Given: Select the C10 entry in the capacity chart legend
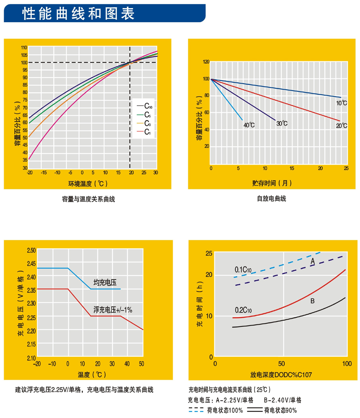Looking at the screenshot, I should tap(147, 106).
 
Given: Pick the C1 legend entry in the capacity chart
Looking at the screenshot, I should tap(147, 132).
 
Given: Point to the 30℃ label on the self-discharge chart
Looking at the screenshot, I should tap(282, 123).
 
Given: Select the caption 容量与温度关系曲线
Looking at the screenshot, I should tap(88, 199).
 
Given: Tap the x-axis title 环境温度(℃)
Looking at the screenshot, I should tap(88, 184).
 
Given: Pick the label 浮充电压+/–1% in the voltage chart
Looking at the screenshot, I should tap(113, 310).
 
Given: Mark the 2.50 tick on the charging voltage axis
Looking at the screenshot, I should tap(31, 250).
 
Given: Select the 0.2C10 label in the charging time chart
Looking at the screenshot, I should tap(243, 310).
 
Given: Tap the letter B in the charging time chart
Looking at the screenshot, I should tap(313, 301).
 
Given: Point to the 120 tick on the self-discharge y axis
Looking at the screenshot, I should tap(206, 62).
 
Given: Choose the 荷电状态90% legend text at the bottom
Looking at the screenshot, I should tap(280, 410).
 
